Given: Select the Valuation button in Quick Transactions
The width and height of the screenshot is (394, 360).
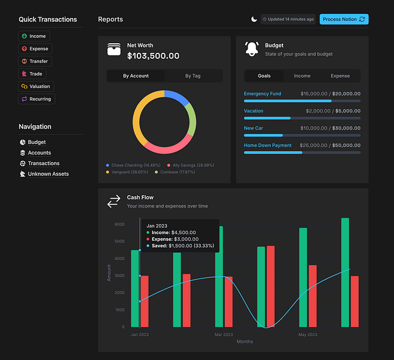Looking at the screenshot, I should pyautogui.click(x=36, y=86).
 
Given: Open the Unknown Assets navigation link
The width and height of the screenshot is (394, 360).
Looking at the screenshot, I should pyautogui.click(x=48, y=174).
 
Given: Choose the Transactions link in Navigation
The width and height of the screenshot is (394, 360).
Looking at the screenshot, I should pyautogui.click(x=43, y=163).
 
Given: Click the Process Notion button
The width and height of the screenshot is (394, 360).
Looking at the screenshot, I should pyautogui.click(x=344, y=19).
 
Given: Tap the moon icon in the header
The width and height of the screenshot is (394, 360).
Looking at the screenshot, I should pyautogui.click(x=254, y=19).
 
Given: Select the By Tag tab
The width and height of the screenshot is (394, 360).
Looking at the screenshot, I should pyautogui.click(x=193, y=76).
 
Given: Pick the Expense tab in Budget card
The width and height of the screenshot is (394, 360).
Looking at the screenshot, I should pyautogui.click(x=340, y=76).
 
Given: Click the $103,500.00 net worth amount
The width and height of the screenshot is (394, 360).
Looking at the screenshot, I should pyautogui.click(x=153, y=56).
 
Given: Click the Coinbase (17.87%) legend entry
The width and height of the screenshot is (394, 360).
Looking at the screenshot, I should pyautogui.click(x=177, y=172).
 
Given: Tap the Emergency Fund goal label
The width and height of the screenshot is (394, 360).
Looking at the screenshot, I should pyautogui.click(x=262, y=94).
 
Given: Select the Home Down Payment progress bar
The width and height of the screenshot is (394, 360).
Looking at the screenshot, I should pyautogui.click(x=302, y=152).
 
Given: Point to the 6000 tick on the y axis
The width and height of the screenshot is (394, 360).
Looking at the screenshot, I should pyautogui.click(x=119, y=224).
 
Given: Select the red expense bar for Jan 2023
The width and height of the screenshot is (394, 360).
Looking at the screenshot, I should pyautogui.click(x=145, y=301).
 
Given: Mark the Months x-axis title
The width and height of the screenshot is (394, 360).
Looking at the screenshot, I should pyautogui.click(x=245, y=342).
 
